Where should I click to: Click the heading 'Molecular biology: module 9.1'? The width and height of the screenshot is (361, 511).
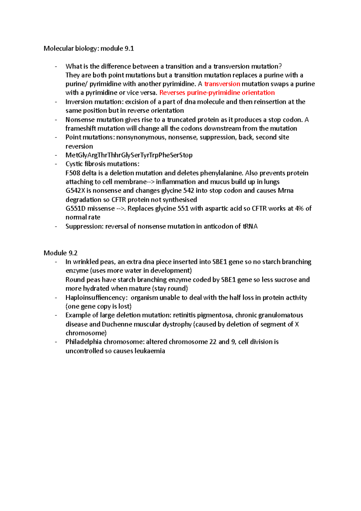click(89, 48)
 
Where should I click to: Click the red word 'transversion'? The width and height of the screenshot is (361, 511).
click(222, 84)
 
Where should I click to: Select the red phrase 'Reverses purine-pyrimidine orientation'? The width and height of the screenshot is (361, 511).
click(217, 93)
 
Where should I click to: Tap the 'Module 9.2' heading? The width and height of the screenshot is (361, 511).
click(60, 253)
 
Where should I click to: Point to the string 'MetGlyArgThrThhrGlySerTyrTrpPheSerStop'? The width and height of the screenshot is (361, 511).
click(129, 155)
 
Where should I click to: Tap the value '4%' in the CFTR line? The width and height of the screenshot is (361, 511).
click(299, 208)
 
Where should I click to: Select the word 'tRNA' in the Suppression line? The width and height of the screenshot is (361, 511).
click(250, 226)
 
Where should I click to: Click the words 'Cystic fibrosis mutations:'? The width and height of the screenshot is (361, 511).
click(102, 164)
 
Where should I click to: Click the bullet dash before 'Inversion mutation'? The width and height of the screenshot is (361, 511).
click(56, 102)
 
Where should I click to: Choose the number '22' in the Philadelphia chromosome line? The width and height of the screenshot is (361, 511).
click(213, 342)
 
